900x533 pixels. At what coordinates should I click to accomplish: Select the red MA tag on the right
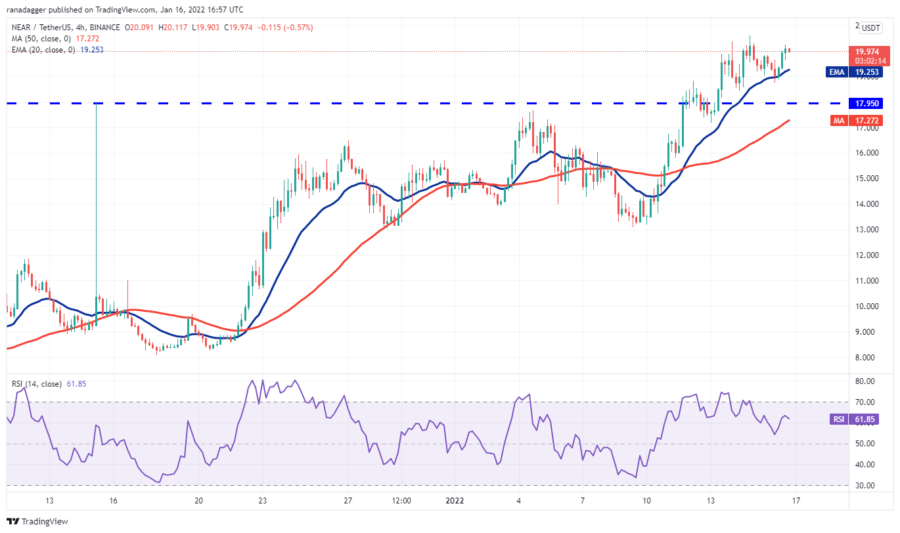click(x=836, y=121)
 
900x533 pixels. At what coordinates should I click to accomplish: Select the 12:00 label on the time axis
click(x=401, y=500)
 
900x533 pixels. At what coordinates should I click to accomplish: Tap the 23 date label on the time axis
click(x=262, y=500)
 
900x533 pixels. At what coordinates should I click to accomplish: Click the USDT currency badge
click(x=871, y=28)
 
